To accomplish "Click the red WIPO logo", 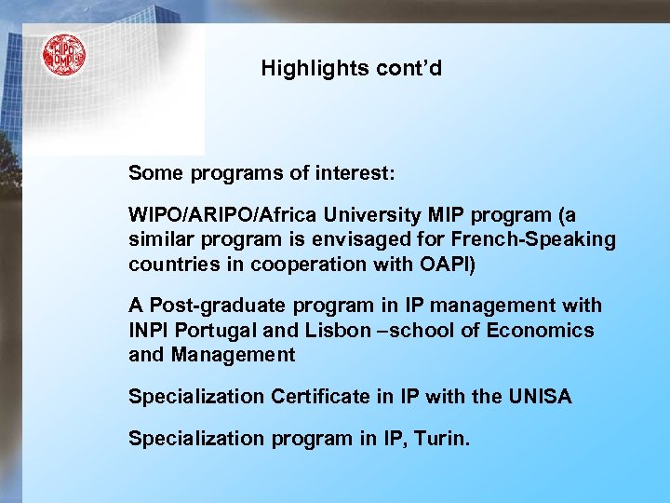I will (63, 55).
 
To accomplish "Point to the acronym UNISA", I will (540, 397).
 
